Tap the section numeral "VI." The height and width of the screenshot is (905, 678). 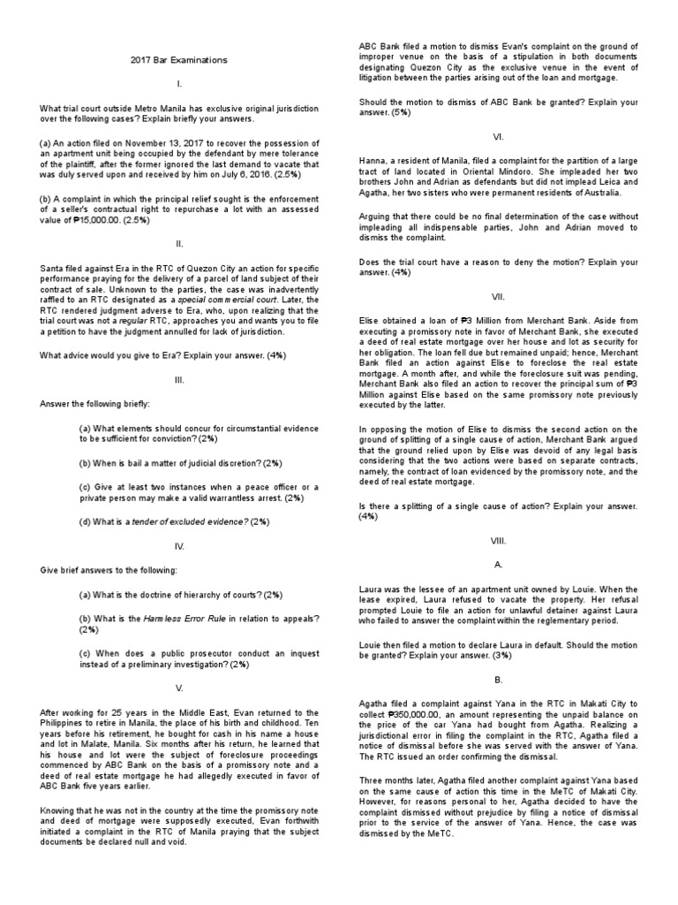point(498,136)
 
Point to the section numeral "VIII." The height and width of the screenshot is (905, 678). point(498,540)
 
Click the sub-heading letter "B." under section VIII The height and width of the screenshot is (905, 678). point(498,680)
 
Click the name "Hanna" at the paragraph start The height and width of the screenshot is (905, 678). point(373,158)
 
